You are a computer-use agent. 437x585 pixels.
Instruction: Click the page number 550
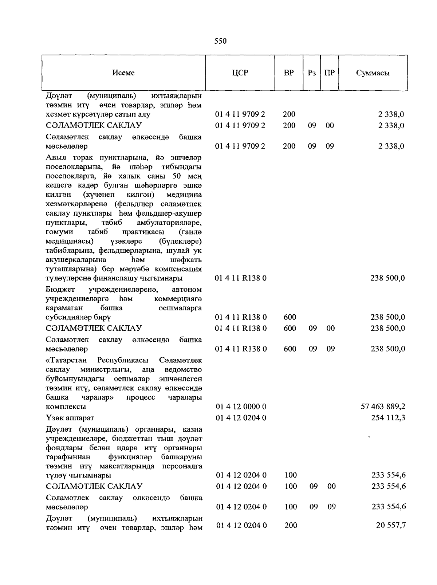(x=220, y=41)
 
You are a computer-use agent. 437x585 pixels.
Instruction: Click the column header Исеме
(x=123, y=73)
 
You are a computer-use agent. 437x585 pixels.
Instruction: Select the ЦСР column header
(x=240, y=73)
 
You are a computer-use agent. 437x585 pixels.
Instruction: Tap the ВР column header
(x=289, y=73)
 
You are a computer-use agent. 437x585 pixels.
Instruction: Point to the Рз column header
(x=312, y=73)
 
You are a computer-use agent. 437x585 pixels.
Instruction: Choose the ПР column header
(x=330, y=73)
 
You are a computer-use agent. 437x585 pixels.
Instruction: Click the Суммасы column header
(x=373, y=73)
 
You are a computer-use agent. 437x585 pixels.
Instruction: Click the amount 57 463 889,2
(x=383, y=407)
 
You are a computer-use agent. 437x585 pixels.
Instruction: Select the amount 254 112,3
(x=388, y=418)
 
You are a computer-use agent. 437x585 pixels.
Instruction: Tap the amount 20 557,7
(x=391, y=525)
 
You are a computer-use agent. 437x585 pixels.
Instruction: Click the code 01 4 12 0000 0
(x=241, y=407)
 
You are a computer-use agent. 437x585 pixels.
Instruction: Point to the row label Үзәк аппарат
(x=70, y=418)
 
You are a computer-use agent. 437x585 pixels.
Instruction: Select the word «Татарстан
(x=67, y=360)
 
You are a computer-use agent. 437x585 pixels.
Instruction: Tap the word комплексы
(x=66, y=407)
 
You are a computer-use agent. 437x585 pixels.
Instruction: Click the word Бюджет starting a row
(x=60, y=290)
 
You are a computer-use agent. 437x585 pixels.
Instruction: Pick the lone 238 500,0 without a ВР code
(x=387, y=278)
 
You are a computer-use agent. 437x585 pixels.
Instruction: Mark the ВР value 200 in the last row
(x=290, y=525)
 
